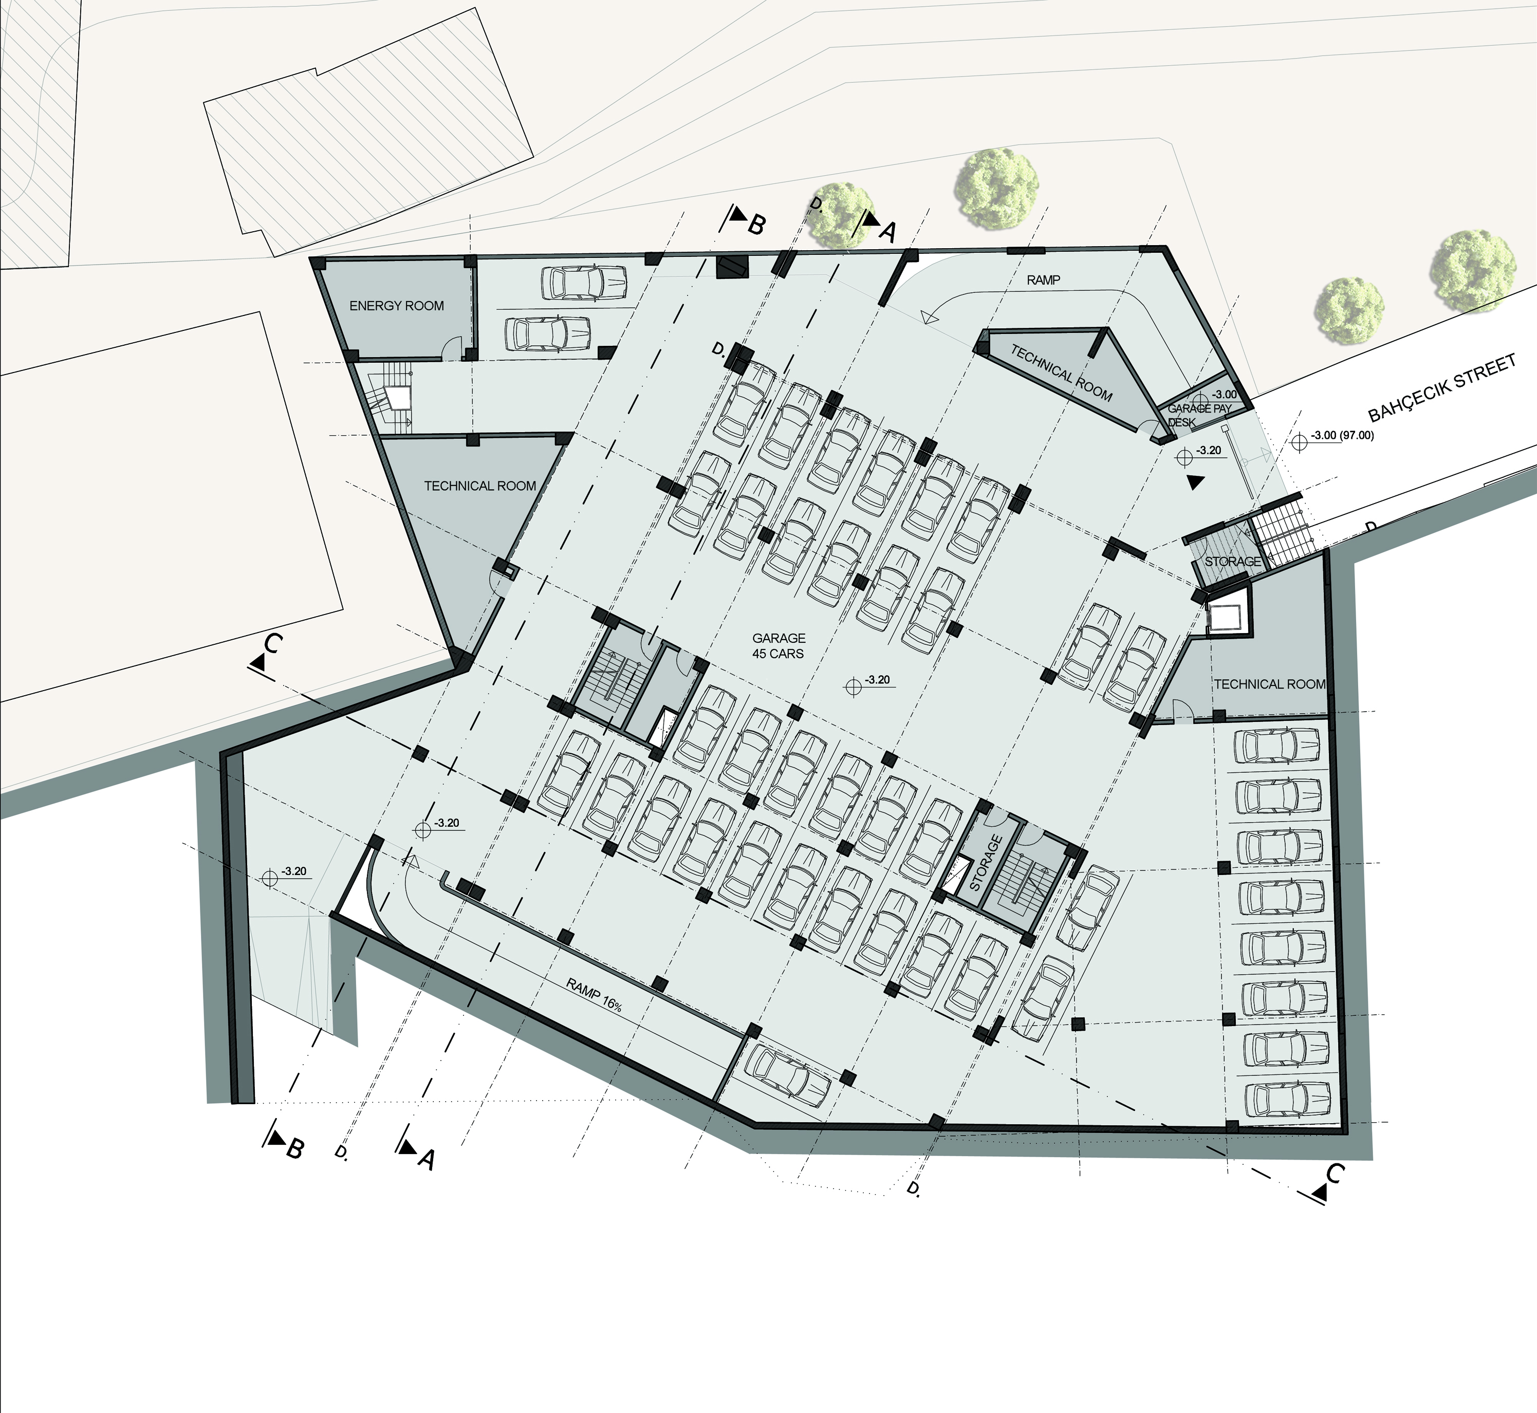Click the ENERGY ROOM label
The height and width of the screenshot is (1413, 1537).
[x=396, y=306]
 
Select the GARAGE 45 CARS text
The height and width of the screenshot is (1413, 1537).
[x=779, y=645]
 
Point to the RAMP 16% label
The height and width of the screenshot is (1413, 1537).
[x=594, y=995]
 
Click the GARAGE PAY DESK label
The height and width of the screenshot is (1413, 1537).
[x=1199, y=415]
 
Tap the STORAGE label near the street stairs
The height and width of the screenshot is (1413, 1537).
[x=1233, y=561]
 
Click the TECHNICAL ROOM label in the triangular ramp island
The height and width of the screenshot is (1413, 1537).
[x=1061, y=373]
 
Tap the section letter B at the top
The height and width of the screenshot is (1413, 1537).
[x=756, y=225]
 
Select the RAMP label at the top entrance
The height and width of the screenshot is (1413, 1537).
[x=1043, y=280]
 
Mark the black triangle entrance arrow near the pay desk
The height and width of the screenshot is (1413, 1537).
[x=1195, y=482]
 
